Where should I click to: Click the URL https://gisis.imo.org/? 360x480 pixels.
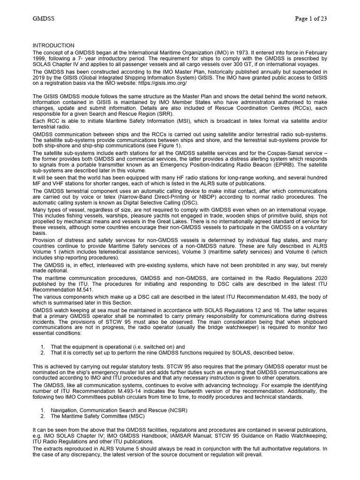(x=160, y=82)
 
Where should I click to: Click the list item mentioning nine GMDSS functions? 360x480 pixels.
(x=172, y=352)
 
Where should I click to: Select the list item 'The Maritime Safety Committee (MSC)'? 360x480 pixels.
(x=98, y=416)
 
